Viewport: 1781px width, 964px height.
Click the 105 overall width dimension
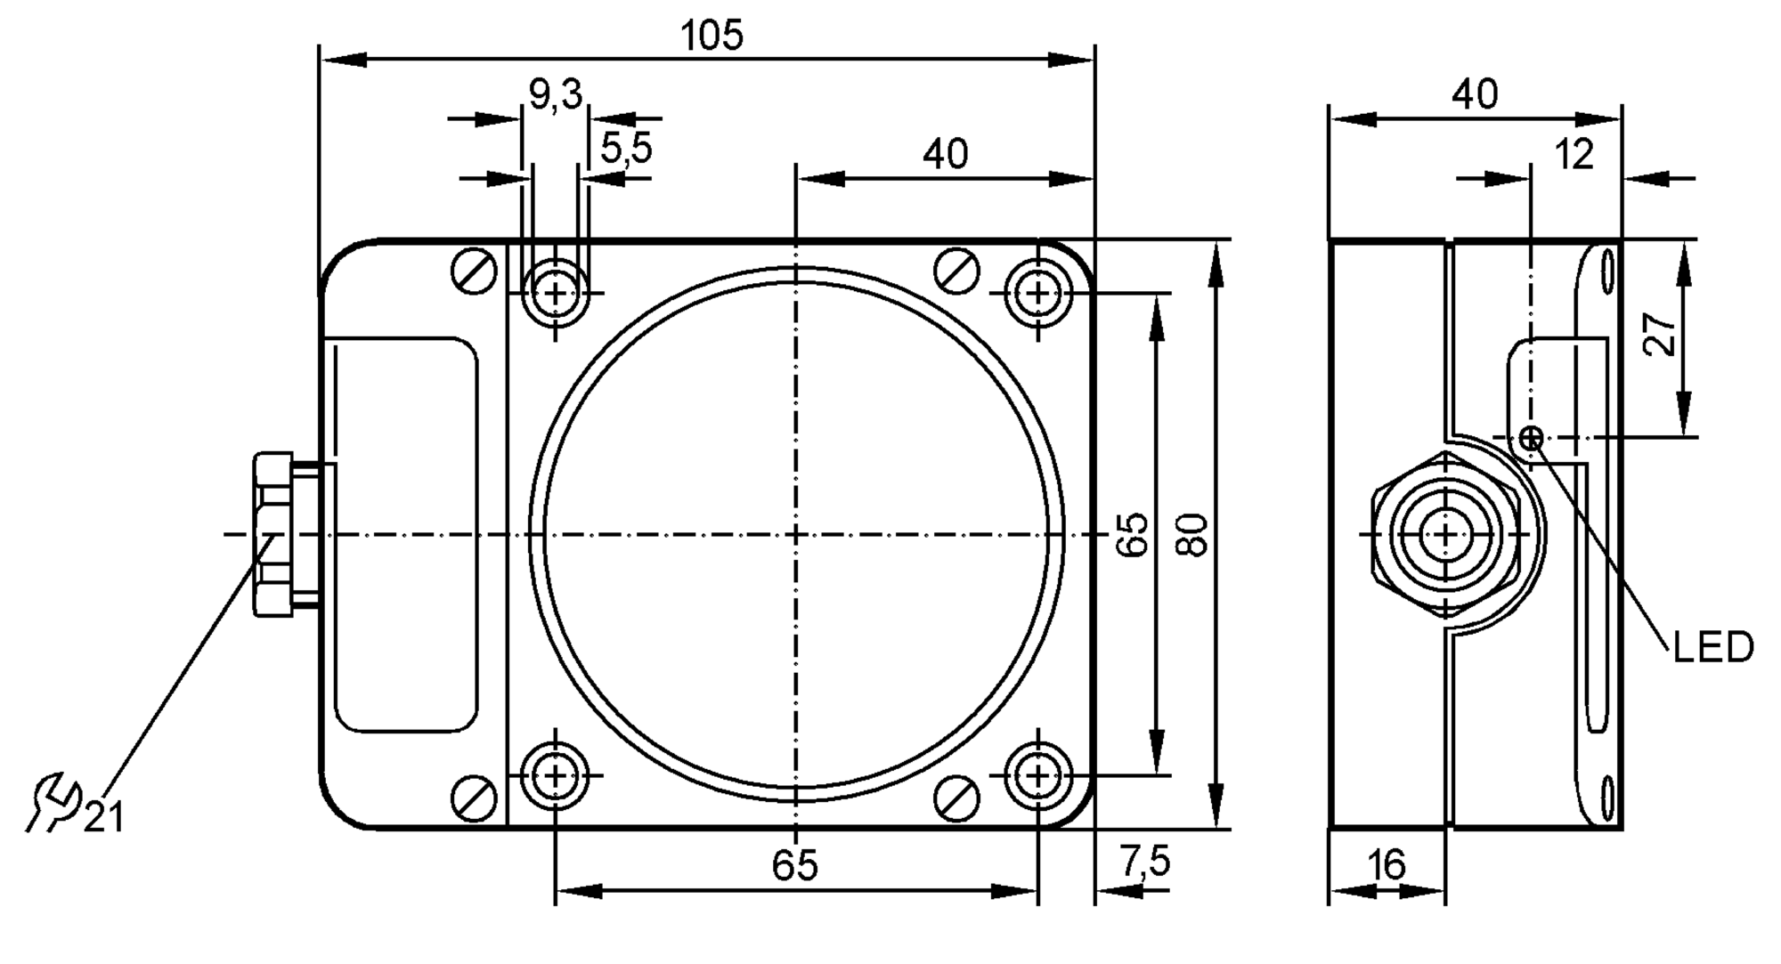[x=711, y=36]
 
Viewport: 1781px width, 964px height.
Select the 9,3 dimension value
[x=555, y=94]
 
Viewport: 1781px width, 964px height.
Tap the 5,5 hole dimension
[x=626, y=149]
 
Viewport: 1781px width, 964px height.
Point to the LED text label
[x=1712, y=648]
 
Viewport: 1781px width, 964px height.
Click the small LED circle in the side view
[x=1532, y=438]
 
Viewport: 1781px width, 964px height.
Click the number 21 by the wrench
[x=104, y=816]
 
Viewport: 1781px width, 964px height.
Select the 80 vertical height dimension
[x=1191, y=534]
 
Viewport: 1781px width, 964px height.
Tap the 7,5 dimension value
[x=1144, y=862]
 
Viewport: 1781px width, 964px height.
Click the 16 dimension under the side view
[x=1386, y=864]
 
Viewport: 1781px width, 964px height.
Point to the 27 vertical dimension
[x=1660, y=335]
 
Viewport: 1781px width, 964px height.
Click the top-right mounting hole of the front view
[x=1037, y=293]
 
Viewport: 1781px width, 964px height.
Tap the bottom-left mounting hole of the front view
[x=556, y=776]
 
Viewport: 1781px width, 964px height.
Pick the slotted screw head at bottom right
[x=958, y=797]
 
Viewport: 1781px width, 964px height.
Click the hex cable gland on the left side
[x=273, y=534]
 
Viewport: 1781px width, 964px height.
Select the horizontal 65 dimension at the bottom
[x=794, y=865]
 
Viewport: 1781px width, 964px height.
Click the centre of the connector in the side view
[x=1446, y=534]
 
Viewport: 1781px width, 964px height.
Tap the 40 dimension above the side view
[x=1475, y=94]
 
